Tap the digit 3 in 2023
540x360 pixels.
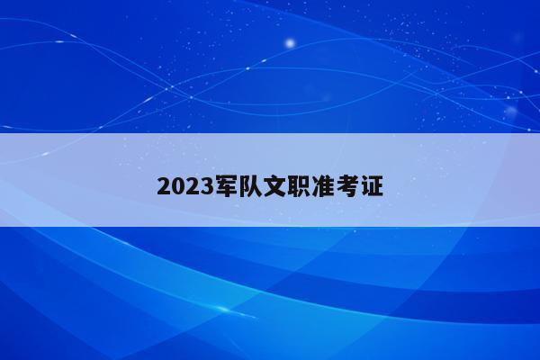tap(207, 187)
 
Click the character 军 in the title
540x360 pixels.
tap(226, 186)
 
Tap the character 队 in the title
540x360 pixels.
tap(250, 186)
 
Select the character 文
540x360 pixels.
tap(274, 186)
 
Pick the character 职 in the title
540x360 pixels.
tap(299, 186)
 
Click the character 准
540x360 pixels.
tap(323, 186)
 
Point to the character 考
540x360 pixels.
tap(347, 186)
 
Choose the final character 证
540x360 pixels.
tap(372, 186)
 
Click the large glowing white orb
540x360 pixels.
tap(291, 43)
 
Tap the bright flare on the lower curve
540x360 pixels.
tap(223, 309)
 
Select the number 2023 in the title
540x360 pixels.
tap(185, 187)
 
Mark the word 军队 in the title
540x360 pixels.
tap(238, 186)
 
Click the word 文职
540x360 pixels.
tap(286, 186)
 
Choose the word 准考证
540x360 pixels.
tap(347, 186)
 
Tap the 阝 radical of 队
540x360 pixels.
tap(244, 186)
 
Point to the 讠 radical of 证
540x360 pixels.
tap(364, 186)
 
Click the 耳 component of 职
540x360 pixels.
tap(293, 186)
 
